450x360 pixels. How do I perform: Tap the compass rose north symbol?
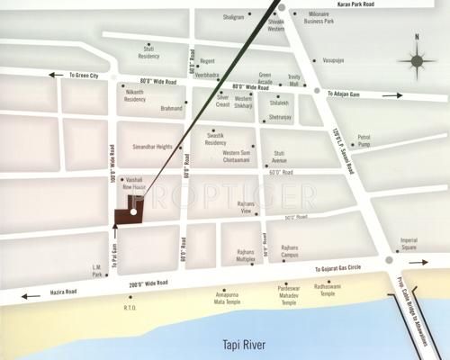coord(417,60)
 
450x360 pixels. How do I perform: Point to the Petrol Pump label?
coord(364,140)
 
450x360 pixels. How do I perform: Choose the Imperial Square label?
coord(409,243)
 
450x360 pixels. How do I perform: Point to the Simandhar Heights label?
coord(152,145)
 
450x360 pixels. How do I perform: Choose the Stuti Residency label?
coord(148,53)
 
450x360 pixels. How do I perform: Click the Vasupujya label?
coord(335,60)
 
